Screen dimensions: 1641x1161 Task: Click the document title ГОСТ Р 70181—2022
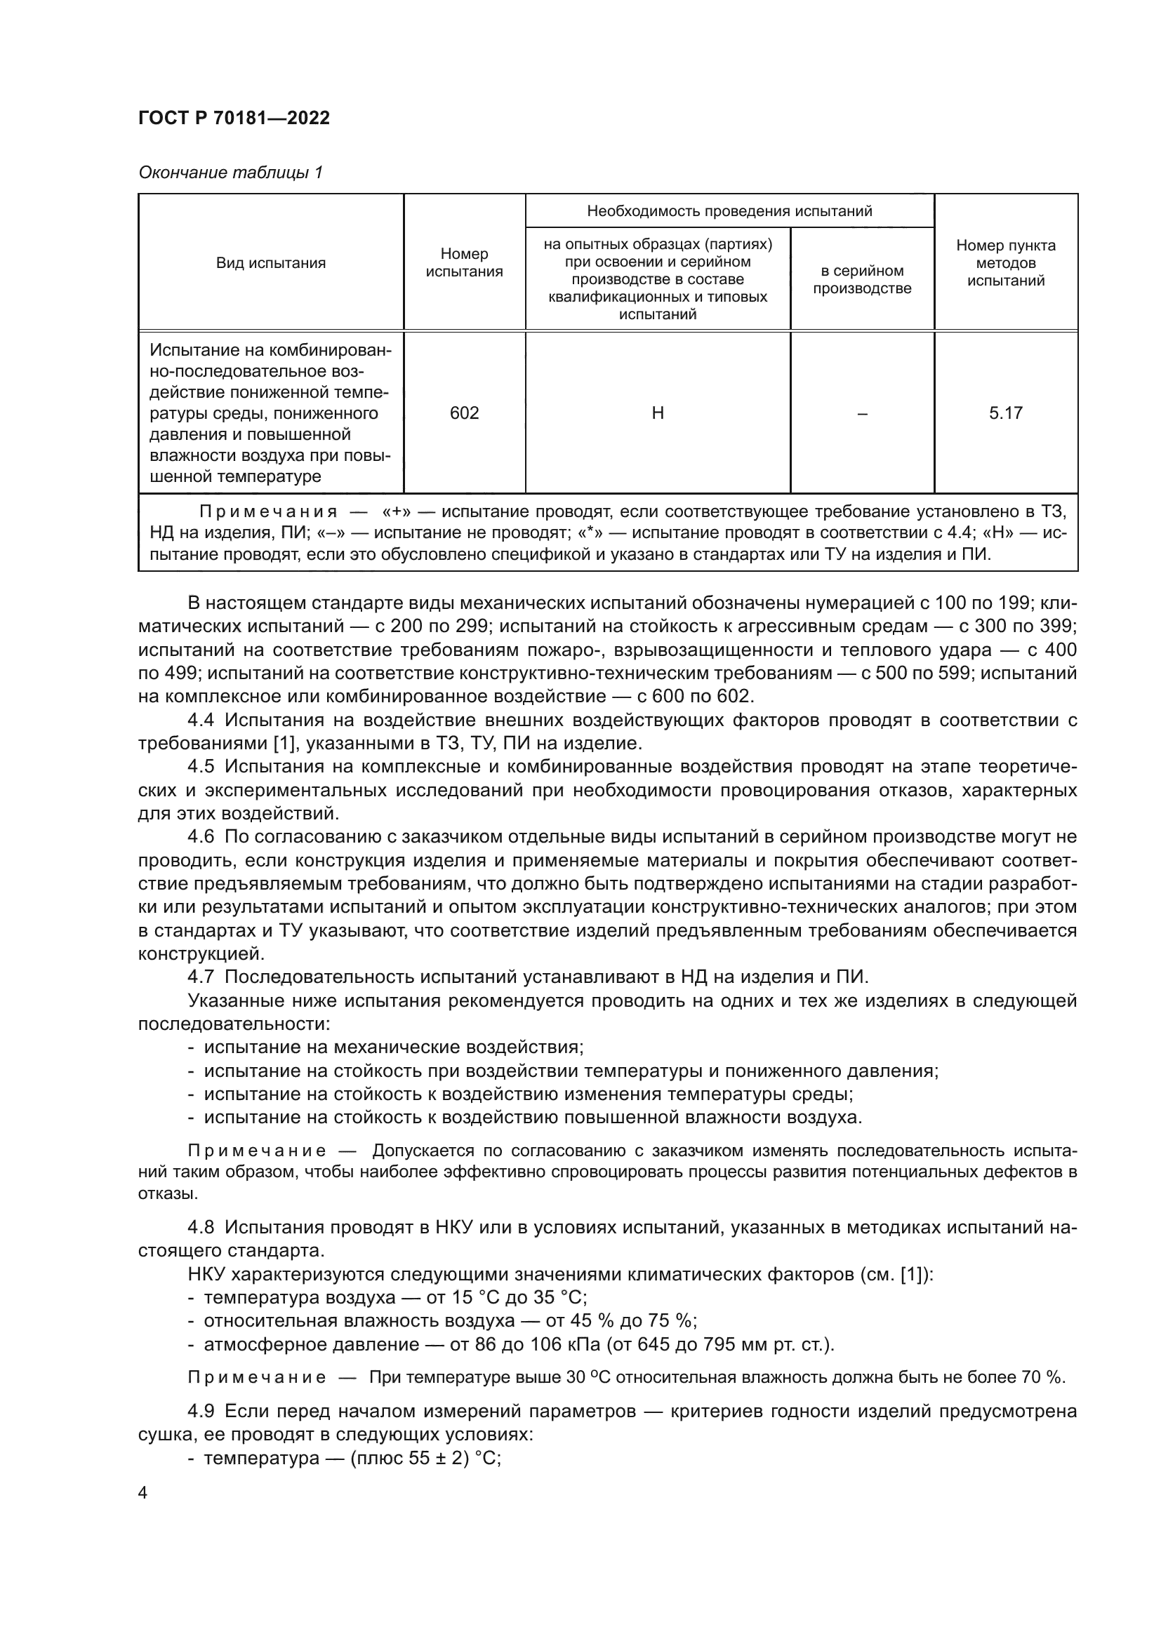(x=234, y=118)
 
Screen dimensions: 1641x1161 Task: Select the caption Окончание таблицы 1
(x=230, y=173)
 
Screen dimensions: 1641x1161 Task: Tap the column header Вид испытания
(x=271, y=263)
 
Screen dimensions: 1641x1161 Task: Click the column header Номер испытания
(x=464, y=262)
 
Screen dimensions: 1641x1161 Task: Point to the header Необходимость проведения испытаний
(x=729, y=211)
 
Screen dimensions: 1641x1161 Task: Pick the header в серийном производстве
(x=862, y=279)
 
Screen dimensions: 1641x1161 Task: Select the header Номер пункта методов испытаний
(x=1005, y=262)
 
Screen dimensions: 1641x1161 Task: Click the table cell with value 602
(x=464, y=413)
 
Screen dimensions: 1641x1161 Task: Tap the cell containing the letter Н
(x=658, y=413)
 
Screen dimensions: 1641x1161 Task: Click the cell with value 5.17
(x=1005, y=413)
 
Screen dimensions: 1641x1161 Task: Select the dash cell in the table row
(x=862, y=413)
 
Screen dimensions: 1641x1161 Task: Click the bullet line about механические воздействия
(x=393, y=1047)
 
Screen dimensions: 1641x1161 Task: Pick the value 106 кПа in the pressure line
(x=566, y=1344)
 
